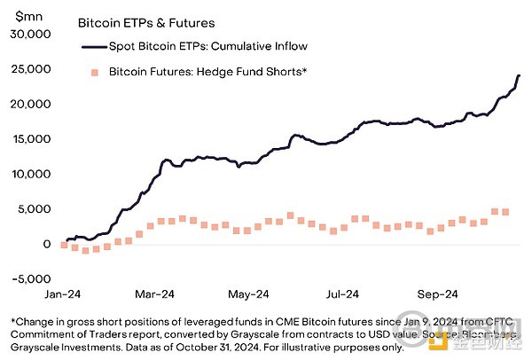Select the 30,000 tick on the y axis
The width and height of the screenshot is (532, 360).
[32, 34]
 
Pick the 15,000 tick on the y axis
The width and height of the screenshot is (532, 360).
[32, 139]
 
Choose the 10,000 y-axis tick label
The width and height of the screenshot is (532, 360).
[32, 174]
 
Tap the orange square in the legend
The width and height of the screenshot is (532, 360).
[90, 71]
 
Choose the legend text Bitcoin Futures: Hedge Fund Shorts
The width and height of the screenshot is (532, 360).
[208, 71]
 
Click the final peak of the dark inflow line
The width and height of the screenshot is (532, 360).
[519, 75]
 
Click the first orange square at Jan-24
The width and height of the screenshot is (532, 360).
[64, 245]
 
